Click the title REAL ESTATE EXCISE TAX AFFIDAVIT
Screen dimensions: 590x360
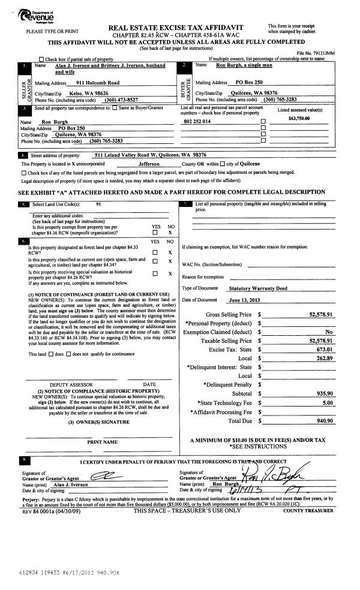pyautogui.click(x=181, y=28)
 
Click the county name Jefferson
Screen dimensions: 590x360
pyautogui.click(x=149, y=164)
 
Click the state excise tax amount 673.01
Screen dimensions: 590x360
pyautogui.click(x=324, y=348)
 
